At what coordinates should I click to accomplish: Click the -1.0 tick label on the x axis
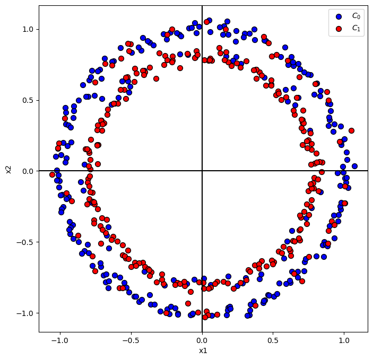[x=60, y=340]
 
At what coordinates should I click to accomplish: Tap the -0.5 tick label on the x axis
[x=131, y=340]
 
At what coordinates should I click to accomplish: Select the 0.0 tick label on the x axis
[x=202, y=340]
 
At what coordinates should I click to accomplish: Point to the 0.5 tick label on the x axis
[x=273, y=340]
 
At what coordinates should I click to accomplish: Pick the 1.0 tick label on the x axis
[x=344, y=340]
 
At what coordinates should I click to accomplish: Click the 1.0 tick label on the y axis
[x=27, y=29]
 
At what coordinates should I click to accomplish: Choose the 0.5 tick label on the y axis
[x=27, y=100]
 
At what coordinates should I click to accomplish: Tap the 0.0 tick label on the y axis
[x=27, y=171]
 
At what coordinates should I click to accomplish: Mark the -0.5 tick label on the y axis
[x=25, y=242]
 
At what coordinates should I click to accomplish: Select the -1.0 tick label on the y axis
[x=25, y=313]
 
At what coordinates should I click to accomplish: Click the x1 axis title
[x=202, y=350]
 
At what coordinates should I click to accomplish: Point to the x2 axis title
[x=8, y=169]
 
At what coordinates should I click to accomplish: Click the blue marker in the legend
[x=339, y=16]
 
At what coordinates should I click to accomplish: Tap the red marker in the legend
[x=339, y=29]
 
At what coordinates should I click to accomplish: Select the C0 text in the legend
[x=355, y=16]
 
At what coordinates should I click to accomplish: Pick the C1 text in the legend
[x=355, y=29]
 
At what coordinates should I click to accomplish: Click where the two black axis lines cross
[x=202, y=171]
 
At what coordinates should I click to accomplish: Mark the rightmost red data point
[x=351, y=130]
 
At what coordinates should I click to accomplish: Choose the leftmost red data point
[x=52, y=174]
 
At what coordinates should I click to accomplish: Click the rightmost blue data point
[x=354, y=166]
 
